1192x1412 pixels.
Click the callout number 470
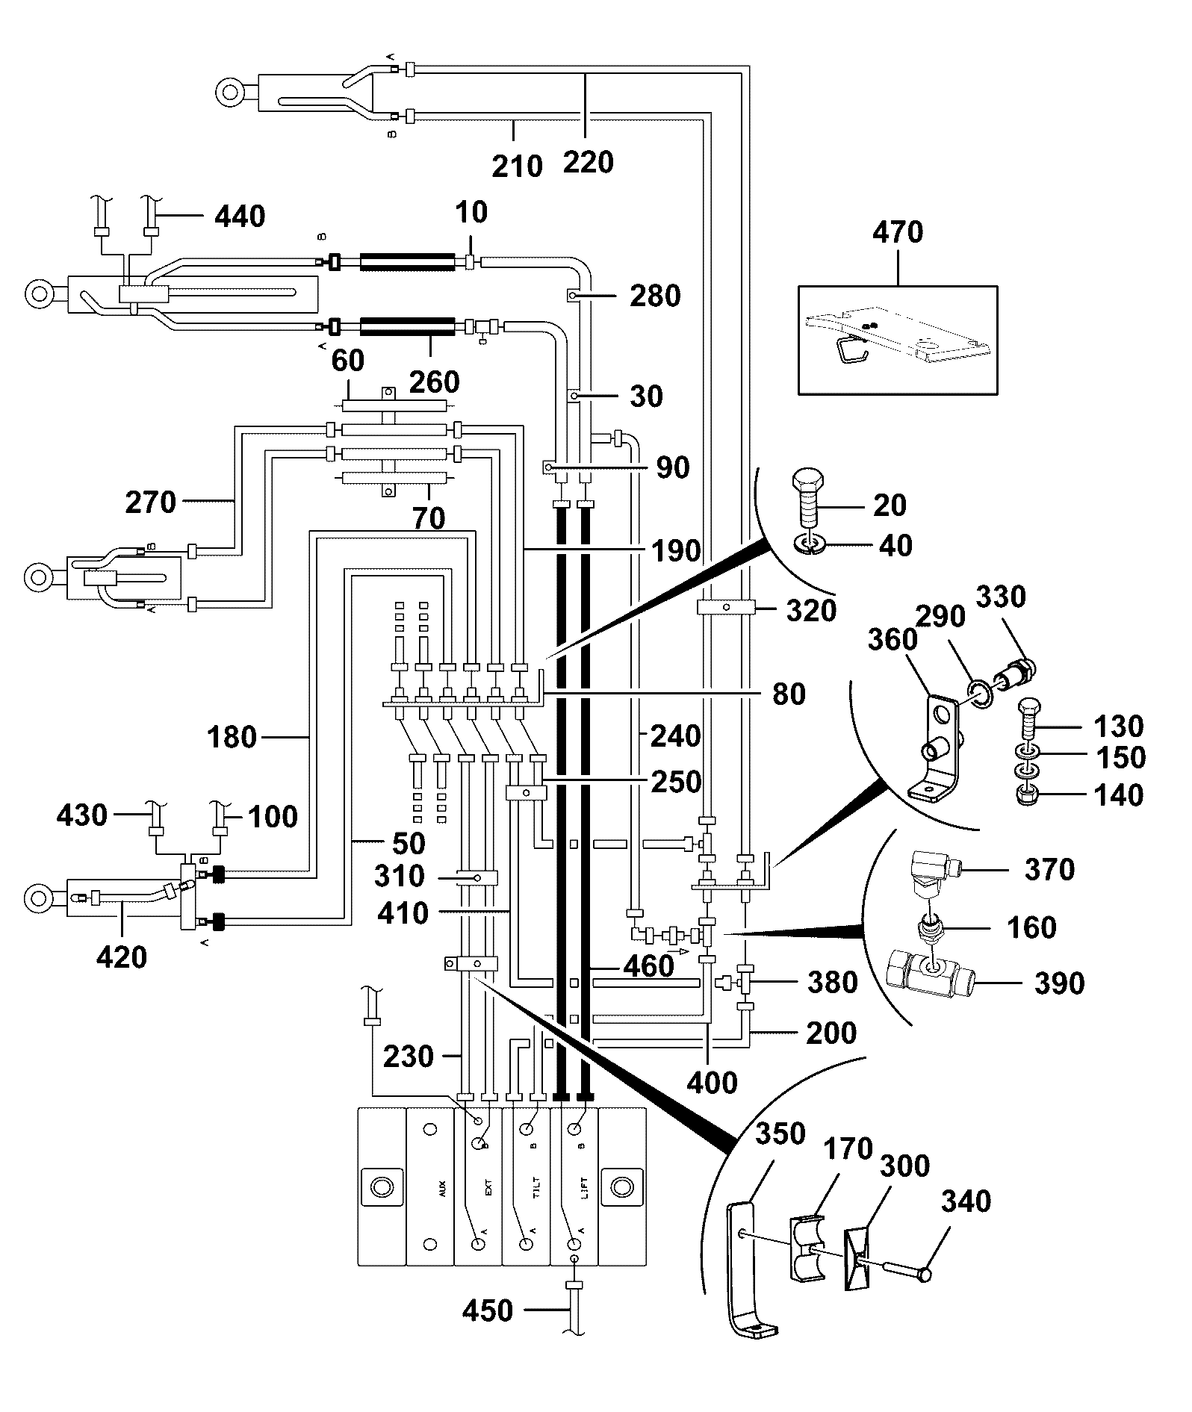tap(898, 232)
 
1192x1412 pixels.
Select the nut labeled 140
tap(1027, 795)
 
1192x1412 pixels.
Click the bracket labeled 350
tap(750, 1269)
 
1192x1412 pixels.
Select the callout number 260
tap(435, 382)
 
